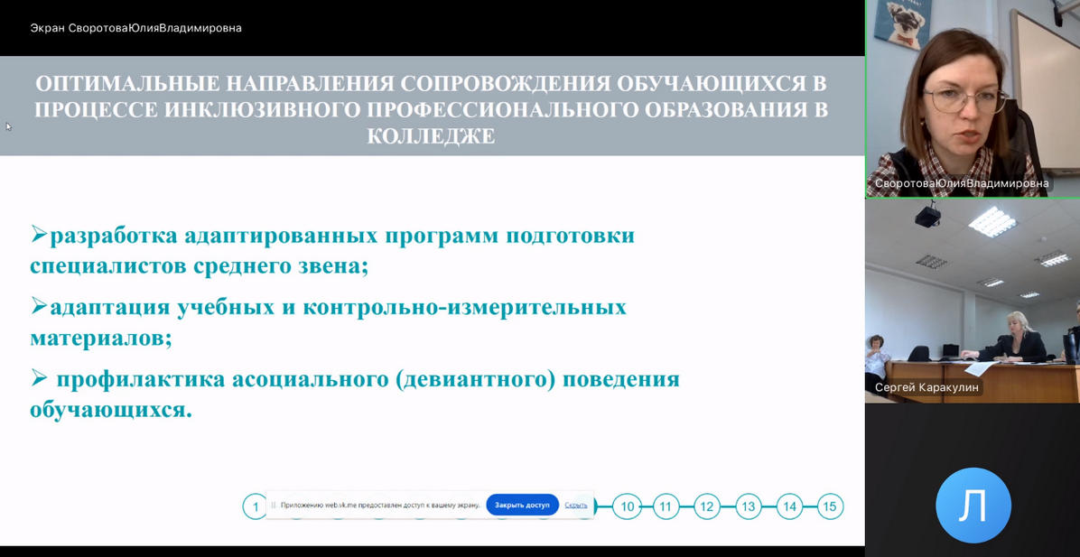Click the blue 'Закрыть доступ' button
522,505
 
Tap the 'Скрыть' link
576,505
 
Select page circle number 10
627,506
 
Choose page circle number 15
830,506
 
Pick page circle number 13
749,506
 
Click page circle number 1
255,507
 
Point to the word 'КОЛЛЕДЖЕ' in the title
431,135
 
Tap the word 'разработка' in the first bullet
113,237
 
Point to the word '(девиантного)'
476,380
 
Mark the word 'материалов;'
100,339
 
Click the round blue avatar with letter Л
973,506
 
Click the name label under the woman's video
963,184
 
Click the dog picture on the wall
902,22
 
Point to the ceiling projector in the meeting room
927,216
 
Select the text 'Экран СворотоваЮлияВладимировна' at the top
135,28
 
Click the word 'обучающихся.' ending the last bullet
110,411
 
